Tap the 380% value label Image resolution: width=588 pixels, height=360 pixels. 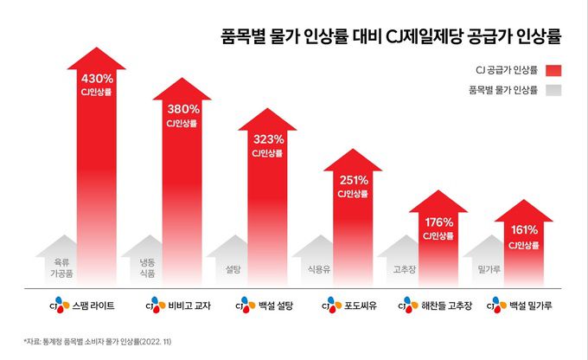183,109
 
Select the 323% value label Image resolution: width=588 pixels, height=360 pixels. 268,138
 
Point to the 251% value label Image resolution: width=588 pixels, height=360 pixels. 354,180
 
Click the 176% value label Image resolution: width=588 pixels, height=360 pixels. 439,222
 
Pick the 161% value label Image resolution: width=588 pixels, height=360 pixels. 524,230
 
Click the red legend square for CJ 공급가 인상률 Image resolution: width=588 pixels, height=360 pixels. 553,70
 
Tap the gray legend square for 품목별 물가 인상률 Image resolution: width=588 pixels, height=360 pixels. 553,90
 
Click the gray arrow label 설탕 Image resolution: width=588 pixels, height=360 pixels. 232,269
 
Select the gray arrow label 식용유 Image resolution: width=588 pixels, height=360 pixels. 317,269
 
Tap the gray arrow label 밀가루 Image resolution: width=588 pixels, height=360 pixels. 489,269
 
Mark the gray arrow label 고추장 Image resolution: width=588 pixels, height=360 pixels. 404,269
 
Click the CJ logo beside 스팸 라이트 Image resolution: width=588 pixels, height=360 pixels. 59,305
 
